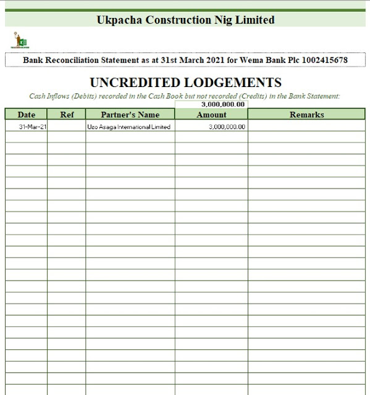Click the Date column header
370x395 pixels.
27,115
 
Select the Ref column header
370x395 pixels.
67,115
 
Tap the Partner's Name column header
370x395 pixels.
130,115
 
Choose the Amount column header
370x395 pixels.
211,115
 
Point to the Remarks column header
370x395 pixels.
306,115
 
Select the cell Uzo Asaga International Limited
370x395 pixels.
129,127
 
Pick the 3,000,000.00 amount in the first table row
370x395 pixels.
227,127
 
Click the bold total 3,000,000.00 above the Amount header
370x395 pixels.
223,104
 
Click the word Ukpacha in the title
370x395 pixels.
119,20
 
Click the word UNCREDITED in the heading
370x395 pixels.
135,82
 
